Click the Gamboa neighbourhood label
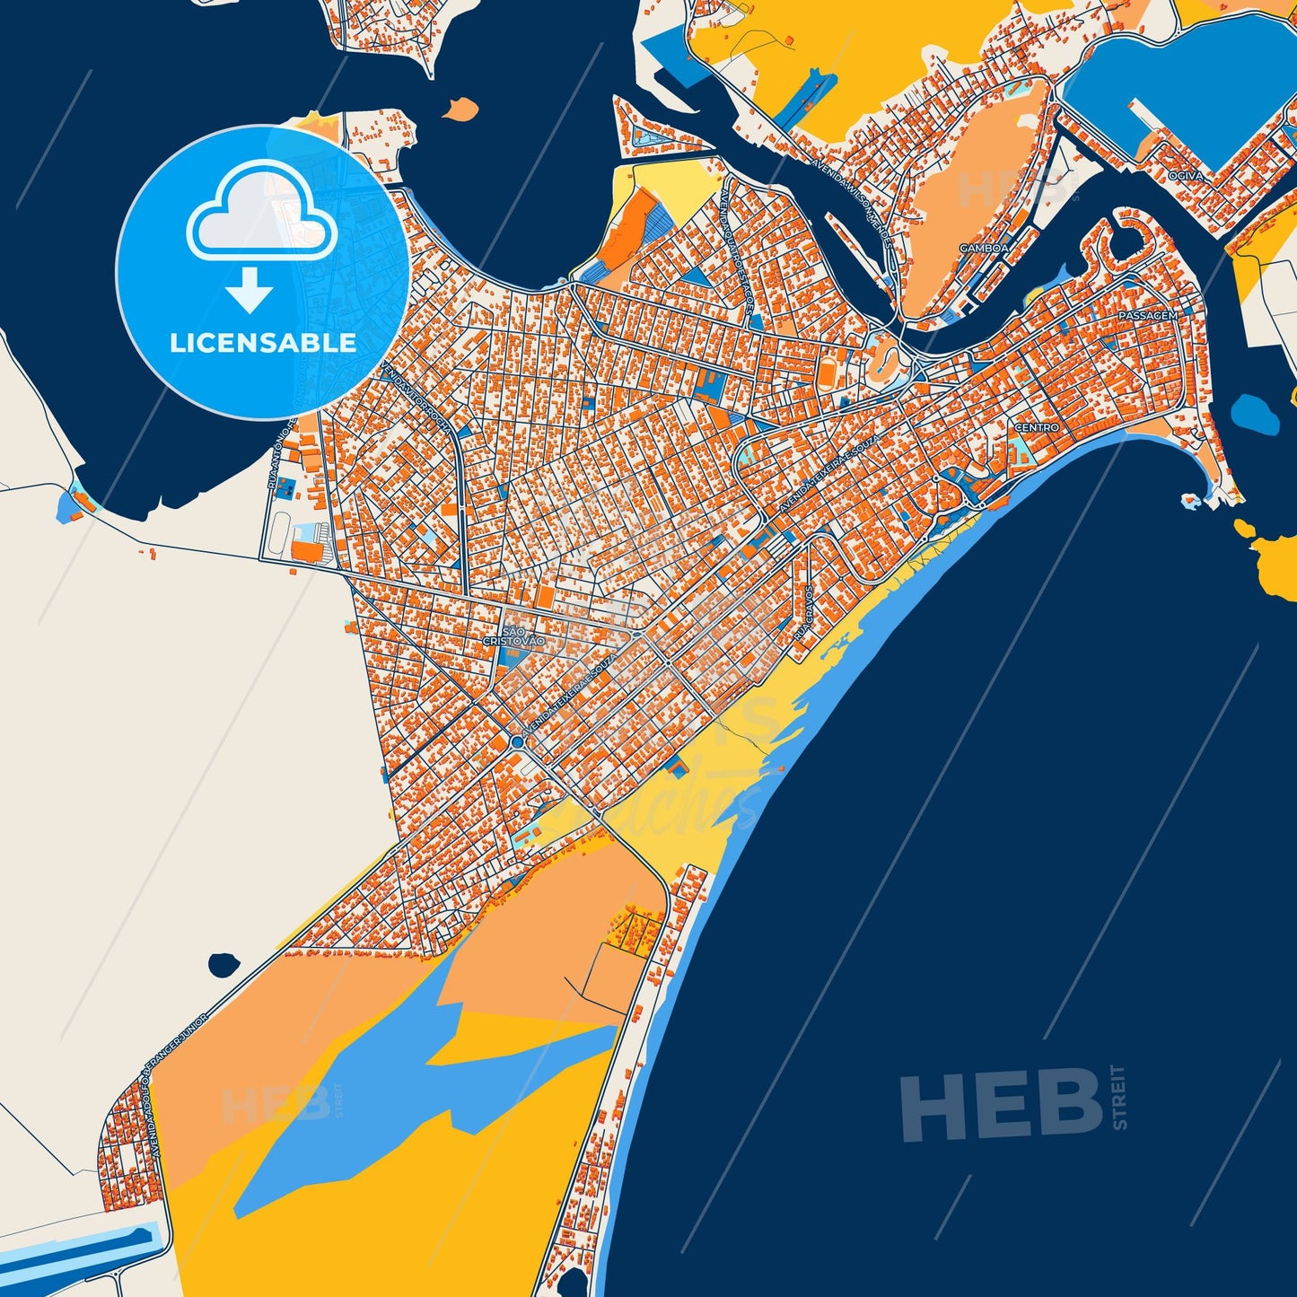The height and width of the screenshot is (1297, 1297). [984, 247]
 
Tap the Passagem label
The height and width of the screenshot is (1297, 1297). [1147, 317]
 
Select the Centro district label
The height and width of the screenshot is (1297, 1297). [1038, 428]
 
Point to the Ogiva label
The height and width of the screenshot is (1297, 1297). [1187, 177]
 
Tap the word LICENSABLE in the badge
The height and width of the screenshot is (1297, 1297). [263, 343]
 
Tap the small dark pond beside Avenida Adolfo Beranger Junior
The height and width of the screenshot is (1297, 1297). [223, 966]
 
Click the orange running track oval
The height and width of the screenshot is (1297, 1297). [882, 358]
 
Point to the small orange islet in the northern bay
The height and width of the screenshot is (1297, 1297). [461, 110]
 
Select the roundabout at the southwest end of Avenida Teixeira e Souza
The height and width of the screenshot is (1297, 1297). [518, 743]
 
